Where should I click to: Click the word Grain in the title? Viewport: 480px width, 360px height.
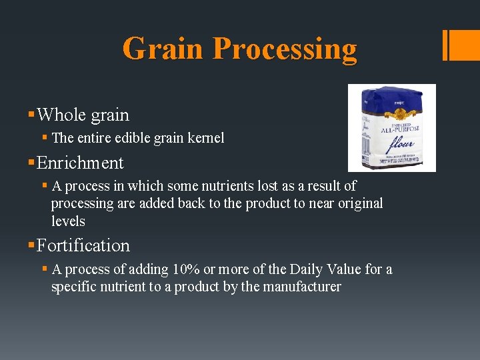(163, 48)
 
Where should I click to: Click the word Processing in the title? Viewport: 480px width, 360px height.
(285, 49)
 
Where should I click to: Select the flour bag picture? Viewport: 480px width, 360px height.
(392, 127)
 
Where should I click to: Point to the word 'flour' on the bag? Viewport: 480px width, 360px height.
(399, 143)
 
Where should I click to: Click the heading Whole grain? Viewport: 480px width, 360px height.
(83, 115)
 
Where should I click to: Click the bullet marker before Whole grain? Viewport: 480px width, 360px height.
(32, 115)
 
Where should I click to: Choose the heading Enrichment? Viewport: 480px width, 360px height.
(80, 163)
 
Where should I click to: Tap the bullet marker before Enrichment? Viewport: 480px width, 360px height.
(32, 163)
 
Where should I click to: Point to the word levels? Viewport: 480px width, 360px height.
(68, 221)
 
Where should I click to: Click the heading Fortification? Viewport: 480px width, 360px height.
(83, 245)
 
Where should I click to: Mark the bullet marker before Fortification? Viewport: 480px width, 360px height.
(32, 245)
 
